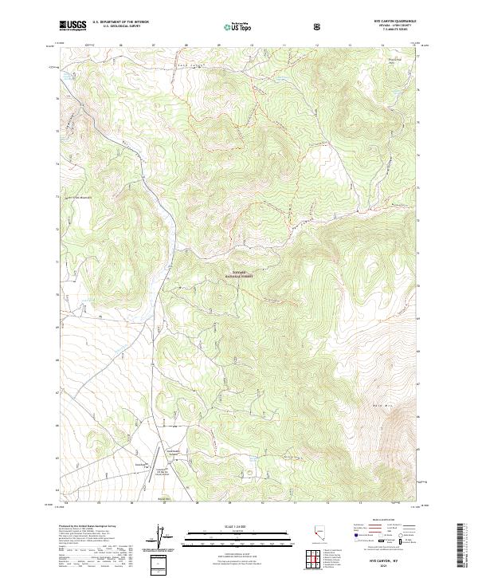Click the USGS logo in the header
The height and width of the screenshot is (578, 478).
click(73, 26)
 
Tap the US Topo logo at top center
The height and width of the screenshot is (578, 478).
click(232, 26)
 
